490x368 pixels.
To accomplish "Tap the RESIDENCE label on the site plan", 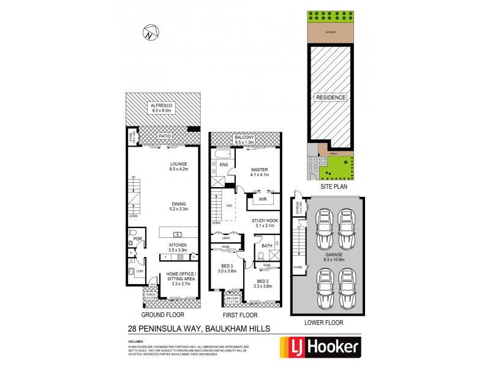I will pos(331,98).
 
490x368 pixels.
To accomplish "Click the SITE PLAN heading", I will pos(330,183).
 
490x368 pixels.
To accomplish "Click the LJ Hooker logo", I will pos(319,347).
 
